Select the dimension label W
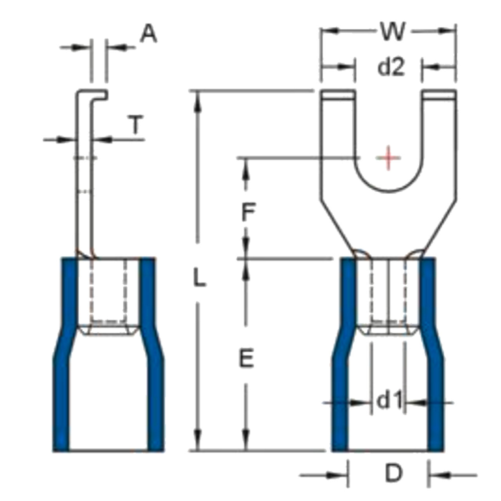(x=393, y=32)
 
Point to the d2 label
(x=391, y=68)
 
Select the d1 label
(x=389, y=402)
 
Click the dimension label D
(x=393, y=474)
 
